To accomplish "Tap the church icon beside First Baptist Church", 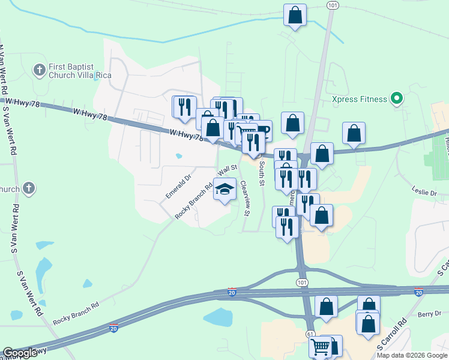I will pyautogui.click(x=40, y=71).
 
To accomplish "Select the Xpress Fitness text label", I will pyautogui.click(x=360, y=99).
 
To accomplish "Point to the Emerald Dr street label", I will pyautogui.click(x=178, y=187).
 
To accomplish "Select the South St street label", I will pyautogui.click(x=262, y=173).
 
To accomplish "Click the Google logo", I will pyautogui.click(x=20, y=353).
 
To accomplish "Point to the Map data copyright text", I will pyautogui.click(x=411, y=355).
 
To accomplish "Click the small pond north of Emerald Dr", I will pyautogui.click(x=179, y=157).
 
